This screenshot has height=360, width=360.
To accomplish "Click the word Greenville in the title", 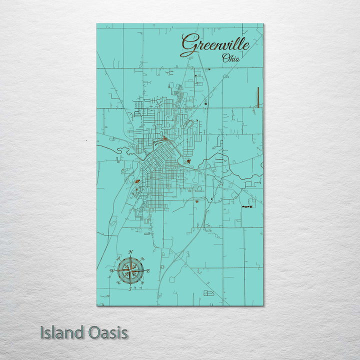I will click(215, 44).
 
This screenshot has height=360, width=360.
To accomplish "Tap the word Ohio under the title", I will click(230, 58).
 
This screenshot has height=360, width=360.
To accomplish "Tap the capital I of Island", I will click(42, 332).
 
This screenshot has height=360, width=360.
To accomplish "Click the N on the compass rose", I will click(130, 251).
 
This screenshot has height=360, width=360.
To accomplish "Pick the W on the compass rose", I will click(111, 270).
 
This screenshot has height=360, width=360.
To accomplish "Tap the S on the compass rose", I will click(130, 289).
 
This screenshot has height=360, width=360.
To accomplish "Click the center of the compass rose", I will click(130, 270).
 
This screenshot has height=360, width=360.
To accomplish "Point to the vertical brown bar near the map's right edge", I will click(258, 97).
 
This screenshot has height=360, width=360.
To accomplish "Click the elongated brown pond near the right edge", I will click(246, 206).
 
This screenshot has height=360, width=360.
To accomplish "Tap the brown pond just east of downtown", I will click(188, 161).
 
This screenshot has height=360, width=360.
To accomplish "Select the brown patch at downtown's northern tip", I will click(164, 138).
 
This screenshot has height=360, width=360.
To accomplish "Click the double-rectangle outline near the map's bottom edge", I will click(208, 292).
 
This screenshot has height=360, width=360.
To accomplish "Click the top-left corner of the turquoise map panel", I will click(97, 24).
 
